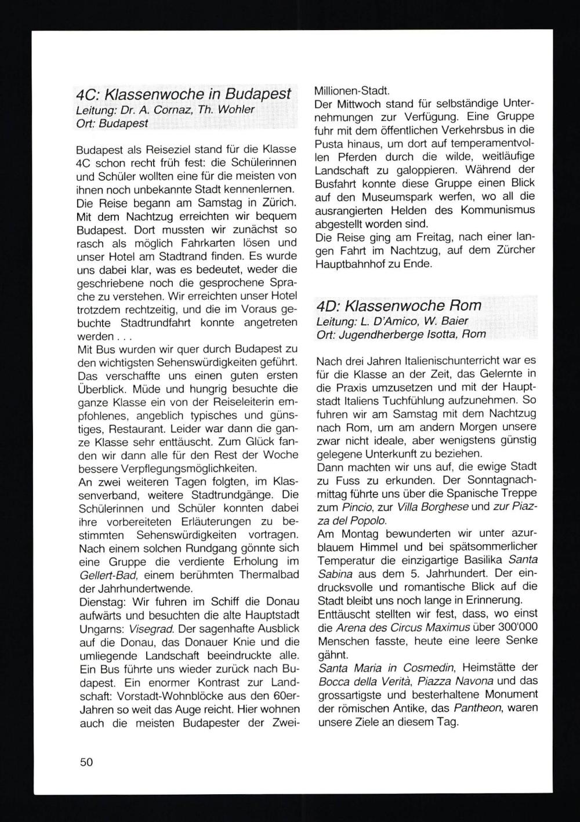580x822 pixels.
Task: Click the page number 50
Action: pyautogui.click(x=86, y=762)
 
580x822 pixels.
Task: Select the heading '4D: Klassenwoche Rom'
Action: pyautogui.click(x=399, y=305)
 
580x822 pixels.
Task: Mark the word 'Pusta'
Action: pyautogui.click(x=329, y=143)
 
